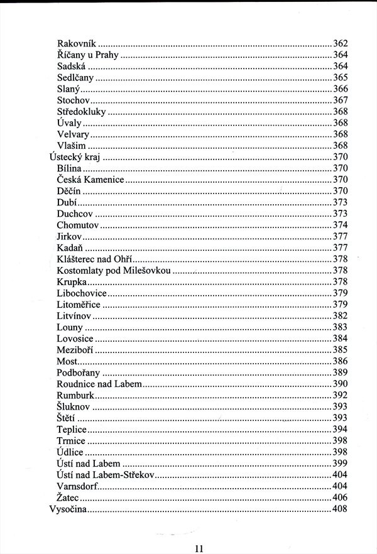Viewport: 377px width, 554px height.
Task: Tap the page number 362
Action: coord(340,44)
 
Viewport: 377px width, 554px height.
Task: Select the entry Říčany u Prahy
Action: coord(87,55)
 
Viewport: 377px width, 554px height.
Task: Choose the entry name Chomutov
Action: coord(78,225)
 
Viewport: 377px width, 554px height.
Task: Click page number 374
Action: coord(340,225)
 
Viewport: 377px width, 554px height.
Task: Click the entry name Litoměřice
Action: coord(79,304)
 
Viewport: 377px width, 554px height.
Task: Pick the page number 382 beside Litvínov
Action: coord(340,315)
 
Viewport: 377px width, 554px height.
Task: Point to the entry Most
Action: coord(67,361)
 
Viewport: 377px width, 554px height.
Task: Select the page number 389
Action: coord(340,372)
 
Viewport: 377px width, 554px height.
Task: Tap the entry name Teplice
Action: coord(71,429)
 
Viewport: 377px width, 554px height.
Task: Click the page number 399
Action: coord(340,463)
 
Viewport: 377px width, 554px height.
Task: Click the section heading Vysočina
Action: coord(68,508)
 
